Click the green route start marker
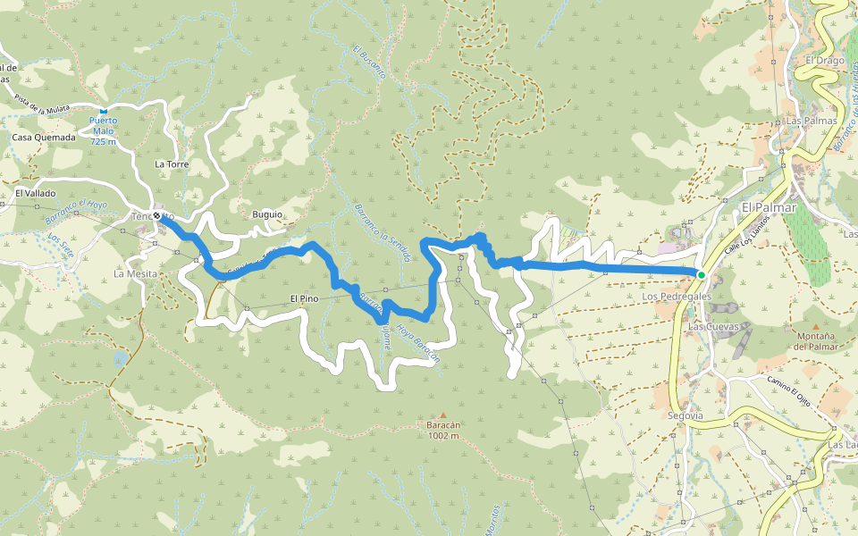[702, 274]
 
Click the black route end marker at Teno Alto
[157, 216]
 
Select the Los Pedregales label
[677, 296]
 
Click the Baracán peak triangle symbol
[442, 415]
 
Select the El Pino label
[304, 298]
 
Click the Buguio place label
[267, 214]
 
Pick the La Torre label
[172, 164]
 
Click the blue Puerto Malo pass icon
[103, 111]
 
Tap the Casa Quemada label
[44, 138]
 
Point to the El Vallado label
[35, 193]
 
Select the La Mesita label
[136, 273]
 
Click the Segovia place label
[686, 416]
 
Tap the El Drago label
[824, 61]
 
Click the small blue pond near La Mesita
[120, 359]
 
